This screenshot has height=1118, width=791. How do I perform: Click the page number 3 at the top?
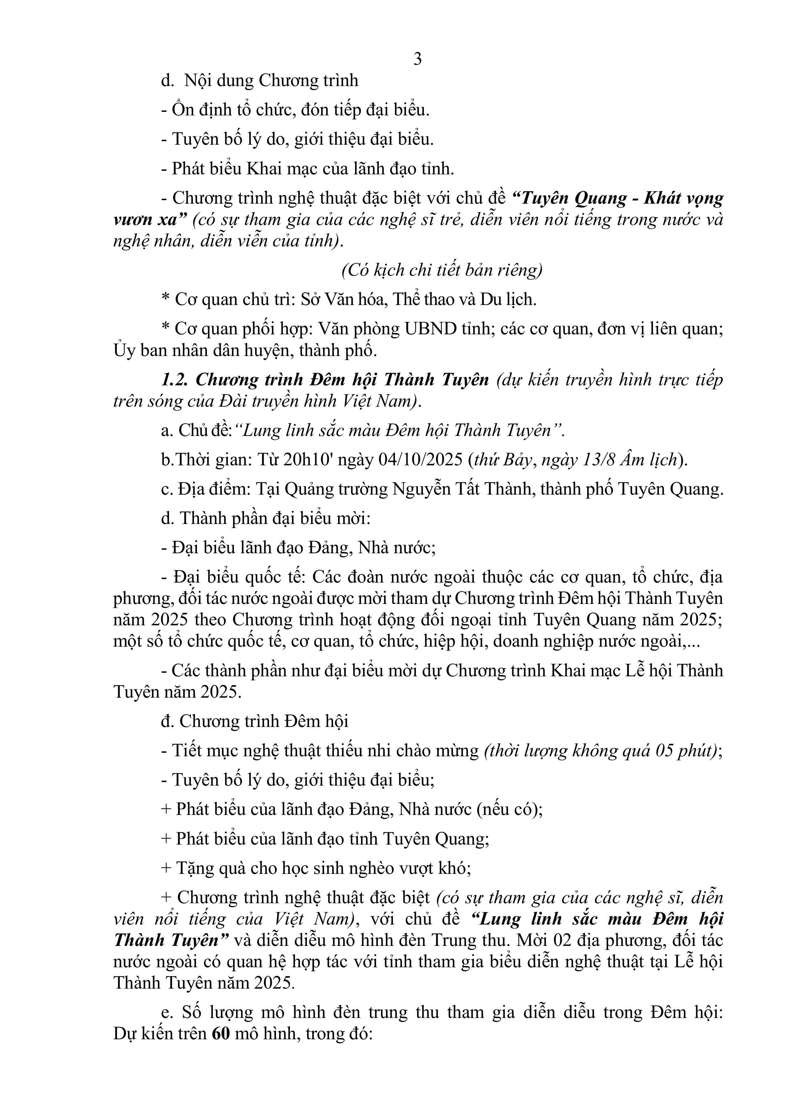tap(417, 59)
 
